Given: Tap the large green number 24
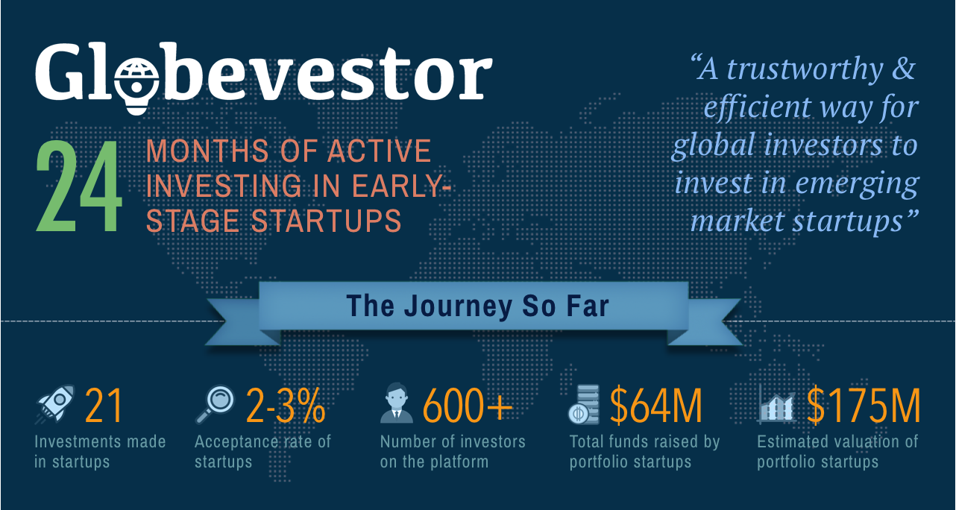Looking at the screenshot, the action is point(79,186).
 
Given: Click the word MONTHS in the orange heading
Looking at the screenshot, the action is point(207,151).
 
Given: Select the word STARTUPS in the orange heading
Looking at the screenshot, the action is point(326,221).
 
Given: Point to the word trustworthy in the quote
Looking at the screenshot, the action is point(805,69).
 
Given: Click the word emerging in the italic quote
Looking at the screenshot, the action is point(857,183).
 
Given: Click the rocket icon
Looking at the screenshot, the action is point(55,404).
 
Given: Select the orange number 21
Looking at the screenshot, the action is point(104,405).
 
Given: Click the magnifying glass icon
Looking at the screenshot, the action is point(215,404).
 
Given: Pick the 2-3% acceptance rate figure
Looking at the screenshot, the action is point(286,405).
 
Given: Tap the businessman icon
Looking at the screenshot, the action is point(397,403).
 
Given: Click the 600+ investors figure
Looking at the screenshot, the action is point(468,405).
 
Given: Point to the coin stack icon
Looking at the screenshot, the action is point(583,404).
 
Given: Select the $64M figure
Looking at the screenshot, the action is point(656,406).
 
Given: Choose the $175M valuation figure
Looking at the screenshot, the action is point(864,406).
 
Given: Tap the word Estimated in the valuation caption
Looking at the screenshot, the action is point(789,441).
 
